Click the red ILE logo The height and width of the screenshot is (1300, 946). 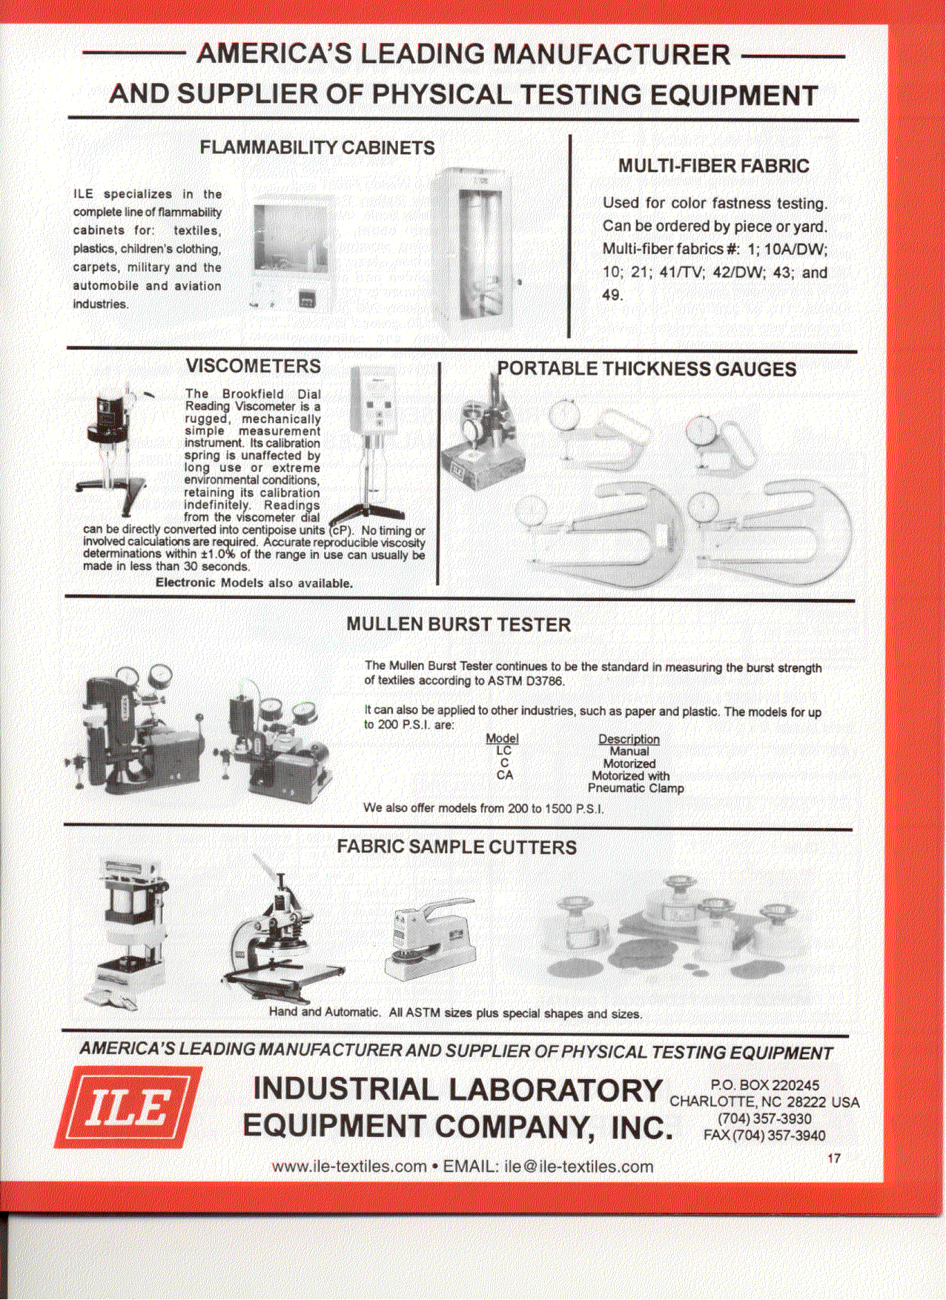[x=128, y=1107]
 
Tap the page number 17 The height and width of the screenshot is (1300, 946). [x=834, y=1158]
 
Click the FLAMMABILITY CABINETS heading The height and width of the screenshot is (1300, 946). [x=317, y=148]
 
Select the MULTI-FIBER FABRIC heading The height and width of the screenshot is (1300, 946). [x=713, y=166]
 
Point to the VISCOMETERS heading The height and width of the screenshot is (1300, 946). [x=253, y=366]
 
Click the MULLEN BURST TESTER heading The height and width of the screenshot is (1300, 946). [x=458, y=625]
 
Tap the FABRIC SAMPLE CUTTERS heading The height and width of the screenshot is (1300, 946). [x=456, y=847]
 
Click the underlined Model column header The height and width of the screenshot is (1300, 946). [x=502, y=739]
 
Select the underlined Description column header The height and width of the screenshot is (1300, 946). [x=629, y=739]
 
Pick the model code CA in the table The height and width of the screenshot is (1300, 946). [x=504, y=775]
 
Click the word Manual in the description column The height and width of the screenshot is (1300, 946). [x=629, y=752]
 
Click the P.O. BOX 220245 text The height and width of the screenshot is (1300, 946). [x=764, y=1085]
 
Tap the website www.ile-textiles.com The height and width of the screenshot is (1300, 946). [x=348, y=1167]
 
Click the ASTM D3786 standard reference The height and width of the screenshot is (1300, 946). [x=526, y=680]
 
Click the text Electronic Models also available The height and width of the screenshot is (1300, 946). [x=254, y=583]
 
